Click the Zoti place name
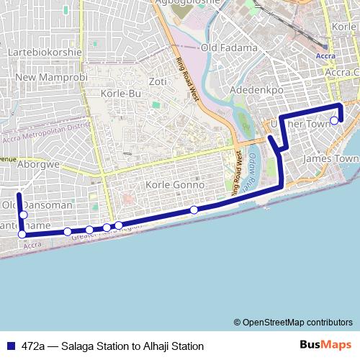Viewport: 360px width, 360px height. (158, 81)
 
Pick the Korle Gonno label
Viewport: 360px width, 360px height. (175, 185)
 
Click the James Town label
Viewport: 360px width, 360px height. (331, 158)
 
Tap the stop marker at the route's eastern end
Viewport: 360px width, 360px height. (334, 120)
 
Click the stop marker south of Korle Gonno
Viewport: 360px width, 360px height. (194, 210)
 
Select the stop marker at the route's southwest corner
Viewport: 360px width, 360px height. (22, 234)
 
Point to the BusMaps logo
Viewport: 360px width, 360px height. (325, 346)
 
